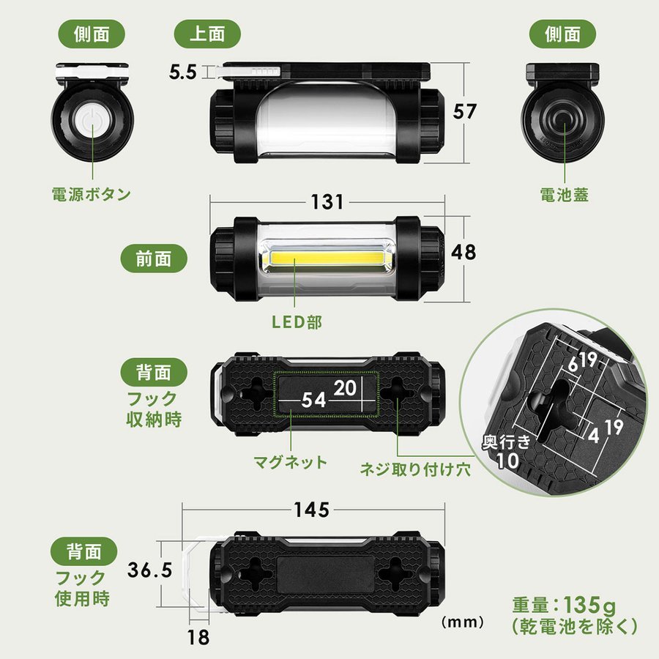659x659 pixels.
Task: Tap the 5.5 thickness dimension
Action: click(183, 72)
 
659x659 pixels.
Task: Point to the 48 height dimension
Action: click(463, 251)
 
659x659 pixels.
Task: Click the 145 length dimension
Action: click(311, 510)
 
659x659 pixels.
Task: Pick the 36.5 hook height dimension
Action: click(149, 569)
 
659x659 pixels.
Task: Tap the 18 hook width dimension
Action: click(198, 636)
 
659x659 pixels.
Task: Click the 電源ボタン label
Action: click(92, 195)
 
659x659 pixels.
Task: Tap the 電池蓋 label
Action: click(564, 195)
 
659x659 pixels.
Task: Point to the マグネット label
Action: click(290, 463)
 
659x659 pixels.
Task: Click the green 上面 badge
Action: click(198, 34)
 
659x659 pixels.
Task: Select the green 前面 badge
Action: click(153, 258)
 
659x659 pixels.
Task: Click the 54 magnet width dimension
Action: click(315, 400)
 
